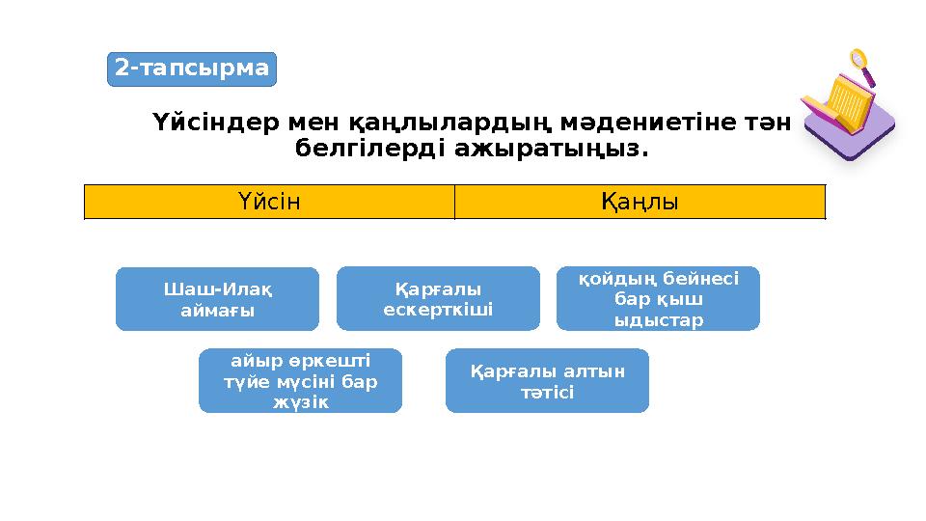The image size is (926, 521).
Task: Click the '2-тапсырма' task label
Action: tap(191, 69)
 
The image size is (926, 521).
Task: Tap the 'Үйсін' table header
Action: tap(269, 203)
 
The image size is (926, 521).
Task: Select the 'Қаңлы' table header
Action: tap(640, 203)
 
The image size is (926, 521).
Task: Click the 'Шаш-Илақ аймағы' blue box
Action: tap(217, 299)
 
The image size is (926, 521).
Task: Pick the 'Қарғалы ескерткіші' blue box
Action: tap(438, 299)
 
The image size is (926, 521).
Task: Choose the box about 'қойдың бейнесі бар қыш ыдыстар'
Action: tap(659, 299)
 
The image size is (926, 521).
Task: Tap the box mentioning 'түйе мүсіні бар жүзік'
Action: tap(300, 381)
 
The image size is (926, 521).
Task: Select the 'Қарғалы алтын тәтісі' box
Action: tap(547, 381)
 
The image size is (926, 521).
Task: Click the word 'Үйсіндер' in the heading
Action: tap(218, 123)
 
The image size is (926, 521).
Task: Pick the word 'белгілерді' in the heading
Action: tap(370, 151)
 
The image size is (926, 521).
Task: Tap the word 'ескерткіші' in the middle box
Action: tap(438, 310)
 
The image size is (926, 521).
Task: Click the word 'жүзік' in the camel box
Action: tap(300, 402)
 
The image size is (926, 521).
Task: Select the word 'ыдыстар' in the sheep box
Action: tap(659, 319)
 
